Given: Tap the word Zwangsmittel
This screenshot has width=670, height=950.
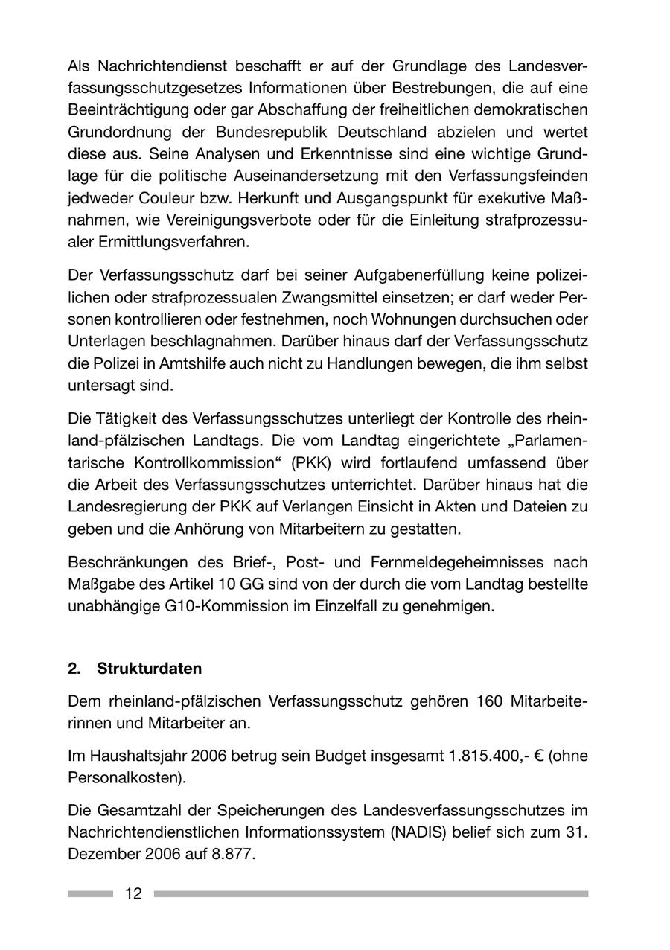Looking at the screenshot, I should [x=328, y=298].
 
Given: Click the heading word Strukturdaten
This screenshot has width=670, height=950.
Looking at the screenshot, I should [x=149, y=669].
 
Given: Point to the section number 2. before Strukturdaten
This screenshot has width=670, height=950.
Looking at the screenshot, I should [x=74, y=669].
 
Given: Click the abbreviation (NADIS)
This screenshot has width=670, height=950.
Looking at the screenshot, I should [x=420, y=832].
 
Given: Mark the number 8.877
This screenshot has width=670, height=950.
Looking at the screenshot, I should [x=235, y=854].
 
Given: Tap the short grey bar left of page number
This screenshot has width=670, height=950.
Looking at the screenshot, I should [x=90, y=894].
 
